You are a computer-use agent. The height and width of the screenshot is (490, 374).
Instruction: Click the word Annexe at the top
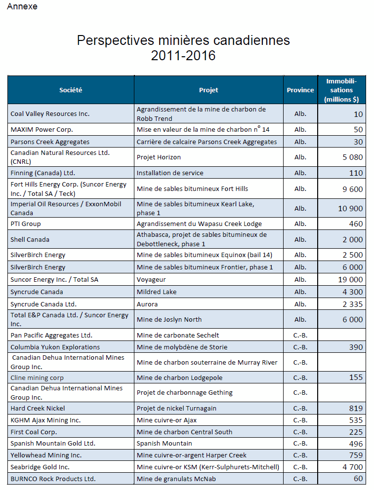coord(22,6)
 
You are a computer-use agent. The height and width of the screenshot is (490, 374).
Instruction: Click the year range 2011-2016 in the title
coord(183,56)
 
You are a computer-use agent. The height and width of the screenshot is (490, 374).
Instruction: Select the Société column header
coord(71,90)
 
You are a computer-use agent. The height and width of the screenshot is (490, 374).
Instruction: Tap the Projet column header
coord(208,90)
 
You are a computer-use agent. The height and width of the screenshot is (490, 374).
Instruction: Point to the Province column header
coord(300,90)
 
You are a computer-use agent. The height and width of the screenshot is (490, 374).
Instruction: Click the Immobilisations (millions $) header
coord(341,90)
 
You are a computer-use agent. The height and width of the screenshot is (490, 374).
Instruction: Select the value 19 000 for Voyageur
coord(350,279)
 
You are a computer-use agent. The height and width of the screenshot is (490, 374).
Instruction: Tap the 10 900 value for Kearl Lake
coord(350,208)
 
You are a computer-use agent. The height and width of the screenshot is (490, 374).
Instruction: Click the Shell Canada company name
coord(30,239)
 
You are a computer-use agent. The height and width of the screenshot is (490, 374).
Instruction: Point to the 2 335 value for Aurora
coord(352,304)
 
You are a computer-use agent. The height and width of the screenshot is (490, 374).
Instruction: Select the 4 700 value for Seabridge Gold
coord(352,467)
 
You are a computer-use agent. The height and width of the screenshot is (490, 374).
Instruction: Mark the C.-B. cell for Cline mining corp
coord(300,377)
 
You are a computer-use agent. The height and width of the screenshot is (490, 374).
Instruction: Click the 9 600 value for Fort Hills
coord(352,189)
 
